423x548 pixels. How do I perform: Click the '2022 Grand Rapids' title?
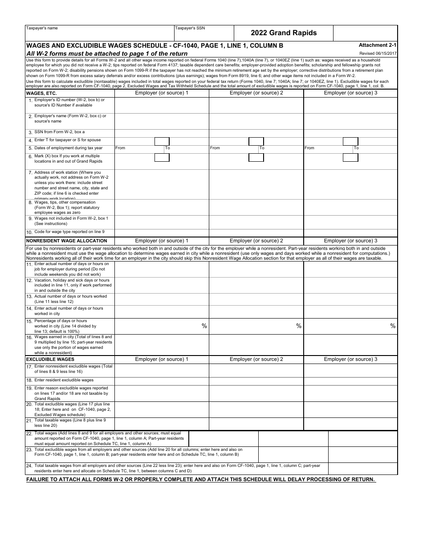(284, 33)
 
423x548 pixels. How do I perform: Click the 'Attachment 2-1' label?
(378, 45)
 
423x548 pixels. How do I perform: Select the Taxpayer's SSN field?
(204, 34)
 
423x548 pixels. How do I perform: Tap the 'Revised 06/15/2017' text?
(378, 53)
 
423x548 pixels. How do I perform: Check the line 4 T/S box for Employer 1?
(162, 141)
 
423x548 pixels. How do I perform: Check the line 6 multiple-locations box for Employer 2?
(256, 157)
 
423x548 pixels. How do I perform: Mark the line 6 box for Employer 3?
(350, 157)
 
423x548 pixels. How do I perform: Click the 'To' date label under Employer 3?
(356, 148)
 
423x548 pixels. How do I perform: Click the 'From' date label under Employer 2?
(215, 148)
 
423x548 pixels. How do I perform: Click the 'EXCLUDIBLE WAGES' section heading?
(50, 359)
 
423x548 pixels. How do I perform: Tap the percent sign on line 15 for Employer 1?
(204, 326)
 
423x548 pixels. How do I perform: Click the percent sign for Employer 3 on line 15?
(393, 326)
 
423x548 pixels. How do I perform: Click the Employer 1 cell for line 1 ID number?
(162, 105)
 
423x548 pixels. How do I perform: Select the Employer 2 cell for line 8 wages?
(256, 208)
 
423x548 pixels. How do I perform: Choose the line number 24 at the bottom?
(29, 466)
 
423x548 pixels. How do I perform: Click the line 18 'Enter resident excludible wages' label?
(64, 380)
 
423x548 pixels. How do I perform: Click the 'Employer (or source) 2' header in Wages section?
(256, 93)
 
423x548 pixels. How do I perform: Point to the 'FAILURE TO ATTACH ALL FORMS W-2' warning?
(201, 479)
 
